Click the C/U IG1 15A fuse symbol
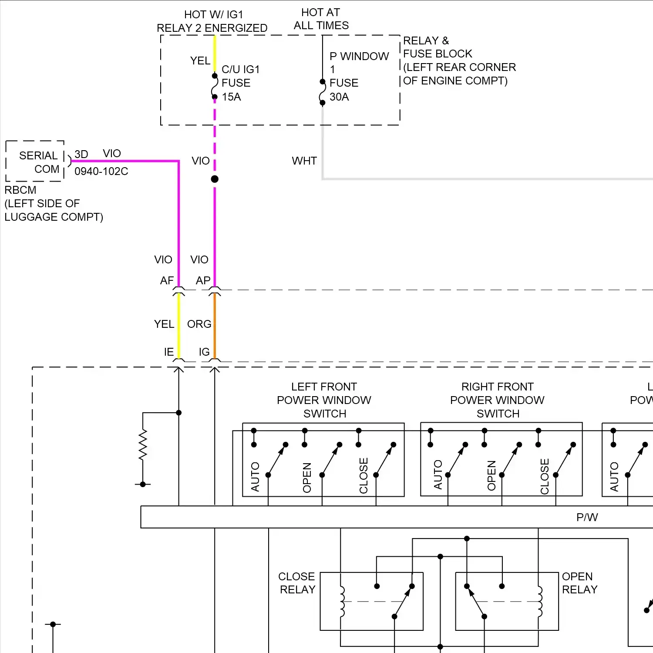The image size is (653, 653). click(x=215, y=87)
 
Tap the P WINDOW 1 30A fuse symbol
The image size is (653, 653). click(x=323, y=92)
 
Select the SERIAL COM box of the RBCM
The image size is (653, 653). click(x=35, y=162)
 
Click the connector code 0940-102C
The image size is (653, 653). click(x=101, y=172)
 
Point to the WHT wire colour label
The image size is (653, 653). click(x=304, y=161)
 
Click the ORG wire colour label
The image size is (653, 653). click(x=199, y=324)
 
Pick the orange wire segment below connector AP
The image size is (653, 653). click(x=215, y=326)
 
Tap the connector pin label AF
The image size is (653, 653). click(x=167, y=281)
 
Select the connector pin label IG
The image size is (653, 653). click(x=204, y=352)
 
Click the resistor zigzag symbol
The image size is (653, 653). click(x=143, y=445)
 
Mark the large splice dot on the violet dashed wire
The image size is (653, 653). click(x=215, y=179)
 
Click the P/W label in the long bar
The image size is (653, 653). click(x=587, y=517)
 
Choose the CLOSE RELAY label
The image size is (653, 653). click(x=297, y=583)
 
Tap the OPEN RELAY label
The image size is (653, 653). click(x=579, y=583)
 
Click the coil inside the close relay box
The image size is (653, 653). click(x=342, y=602)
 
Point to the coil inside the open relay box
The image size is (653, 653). click(x=540, y=602)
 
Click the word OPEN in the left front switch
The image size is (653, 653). click(x=307, y=478)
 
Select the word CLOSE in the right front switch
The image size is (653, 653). click(x=545, y=476)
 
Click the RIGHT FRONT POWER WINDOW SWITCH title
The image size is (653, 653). click(x=497, y=400)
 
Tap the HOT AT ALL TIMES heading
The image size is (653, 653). click(x=321, y=19)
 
